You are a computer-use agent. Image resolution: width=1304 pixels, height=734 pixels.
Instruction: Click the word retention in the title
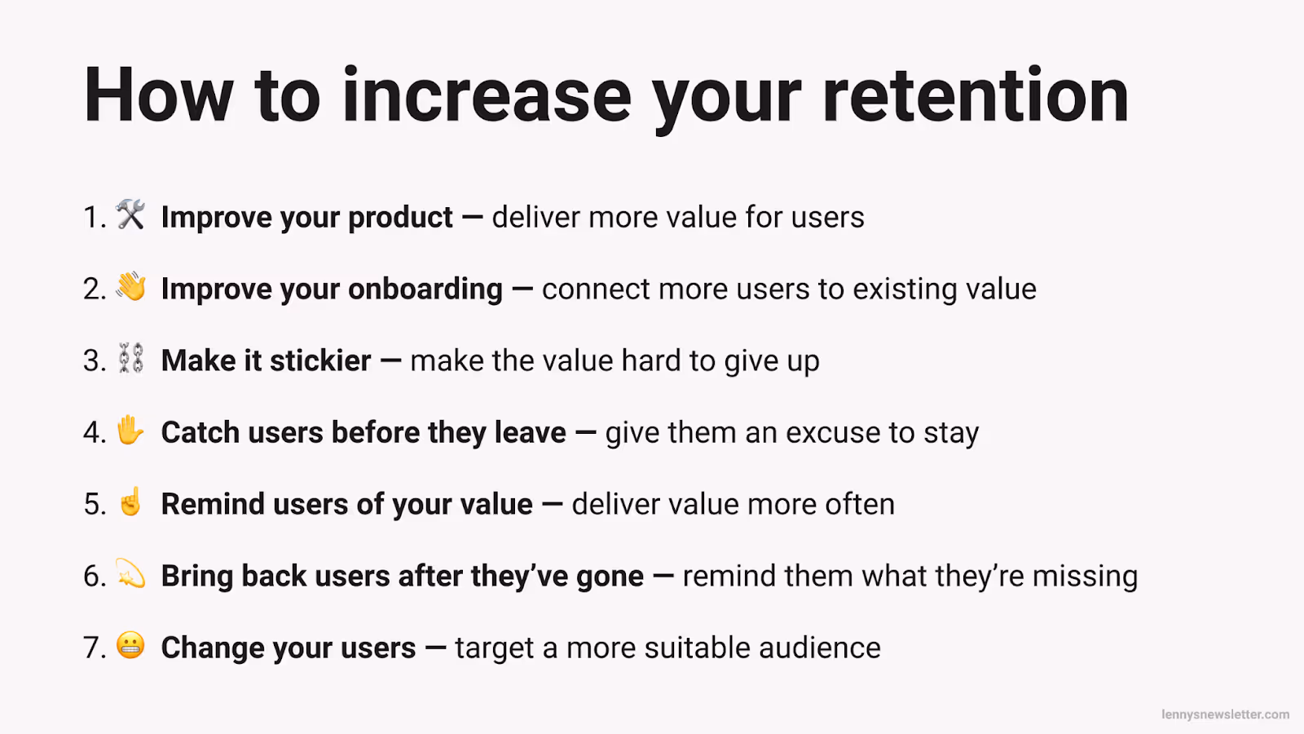pos(976,96)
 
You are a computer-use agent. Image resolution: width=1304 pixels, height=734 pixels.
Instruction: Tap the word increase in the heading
pos(487,96)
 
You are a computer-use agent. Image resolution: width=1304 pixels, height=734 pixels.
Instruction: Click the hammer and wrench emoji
pos(130,214)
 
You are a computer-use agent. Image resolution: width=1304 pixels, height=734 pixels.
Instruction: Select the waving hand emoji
pos(130,286)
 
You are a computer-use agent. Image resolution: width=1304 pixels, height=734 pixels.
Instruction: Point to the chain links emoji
pos(130,358)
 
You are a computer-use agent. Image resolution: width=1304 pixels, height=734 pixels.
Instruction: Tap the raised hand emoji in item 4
pos(130,430)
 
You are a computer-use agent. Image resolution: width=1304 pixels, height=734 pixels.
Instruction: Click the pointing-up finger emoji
pos(130,502)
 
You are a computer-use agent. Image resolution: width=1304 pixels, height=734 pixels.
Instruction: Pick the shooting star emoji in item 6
pos(130,573)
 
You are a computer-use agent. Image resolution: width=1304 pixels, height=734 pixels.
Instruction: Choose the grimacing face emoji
pos(130,645)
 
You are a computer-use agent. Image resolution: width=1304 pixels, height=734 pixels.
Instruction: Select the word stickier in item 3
pos(320,360)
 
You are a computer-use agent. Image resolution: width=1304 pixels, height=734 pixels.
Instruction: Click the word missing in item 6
pos(1085,577)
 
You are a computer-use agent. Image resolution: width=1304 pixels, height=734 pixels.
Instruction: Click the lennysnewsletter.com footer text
pos(1225,714)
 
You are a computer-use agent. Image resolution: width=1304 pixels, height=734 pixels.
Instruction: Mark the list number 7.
pos(94,648)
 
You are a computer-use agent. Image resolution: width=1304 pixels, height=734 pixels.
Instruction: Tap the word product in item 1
pos(400,218)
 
